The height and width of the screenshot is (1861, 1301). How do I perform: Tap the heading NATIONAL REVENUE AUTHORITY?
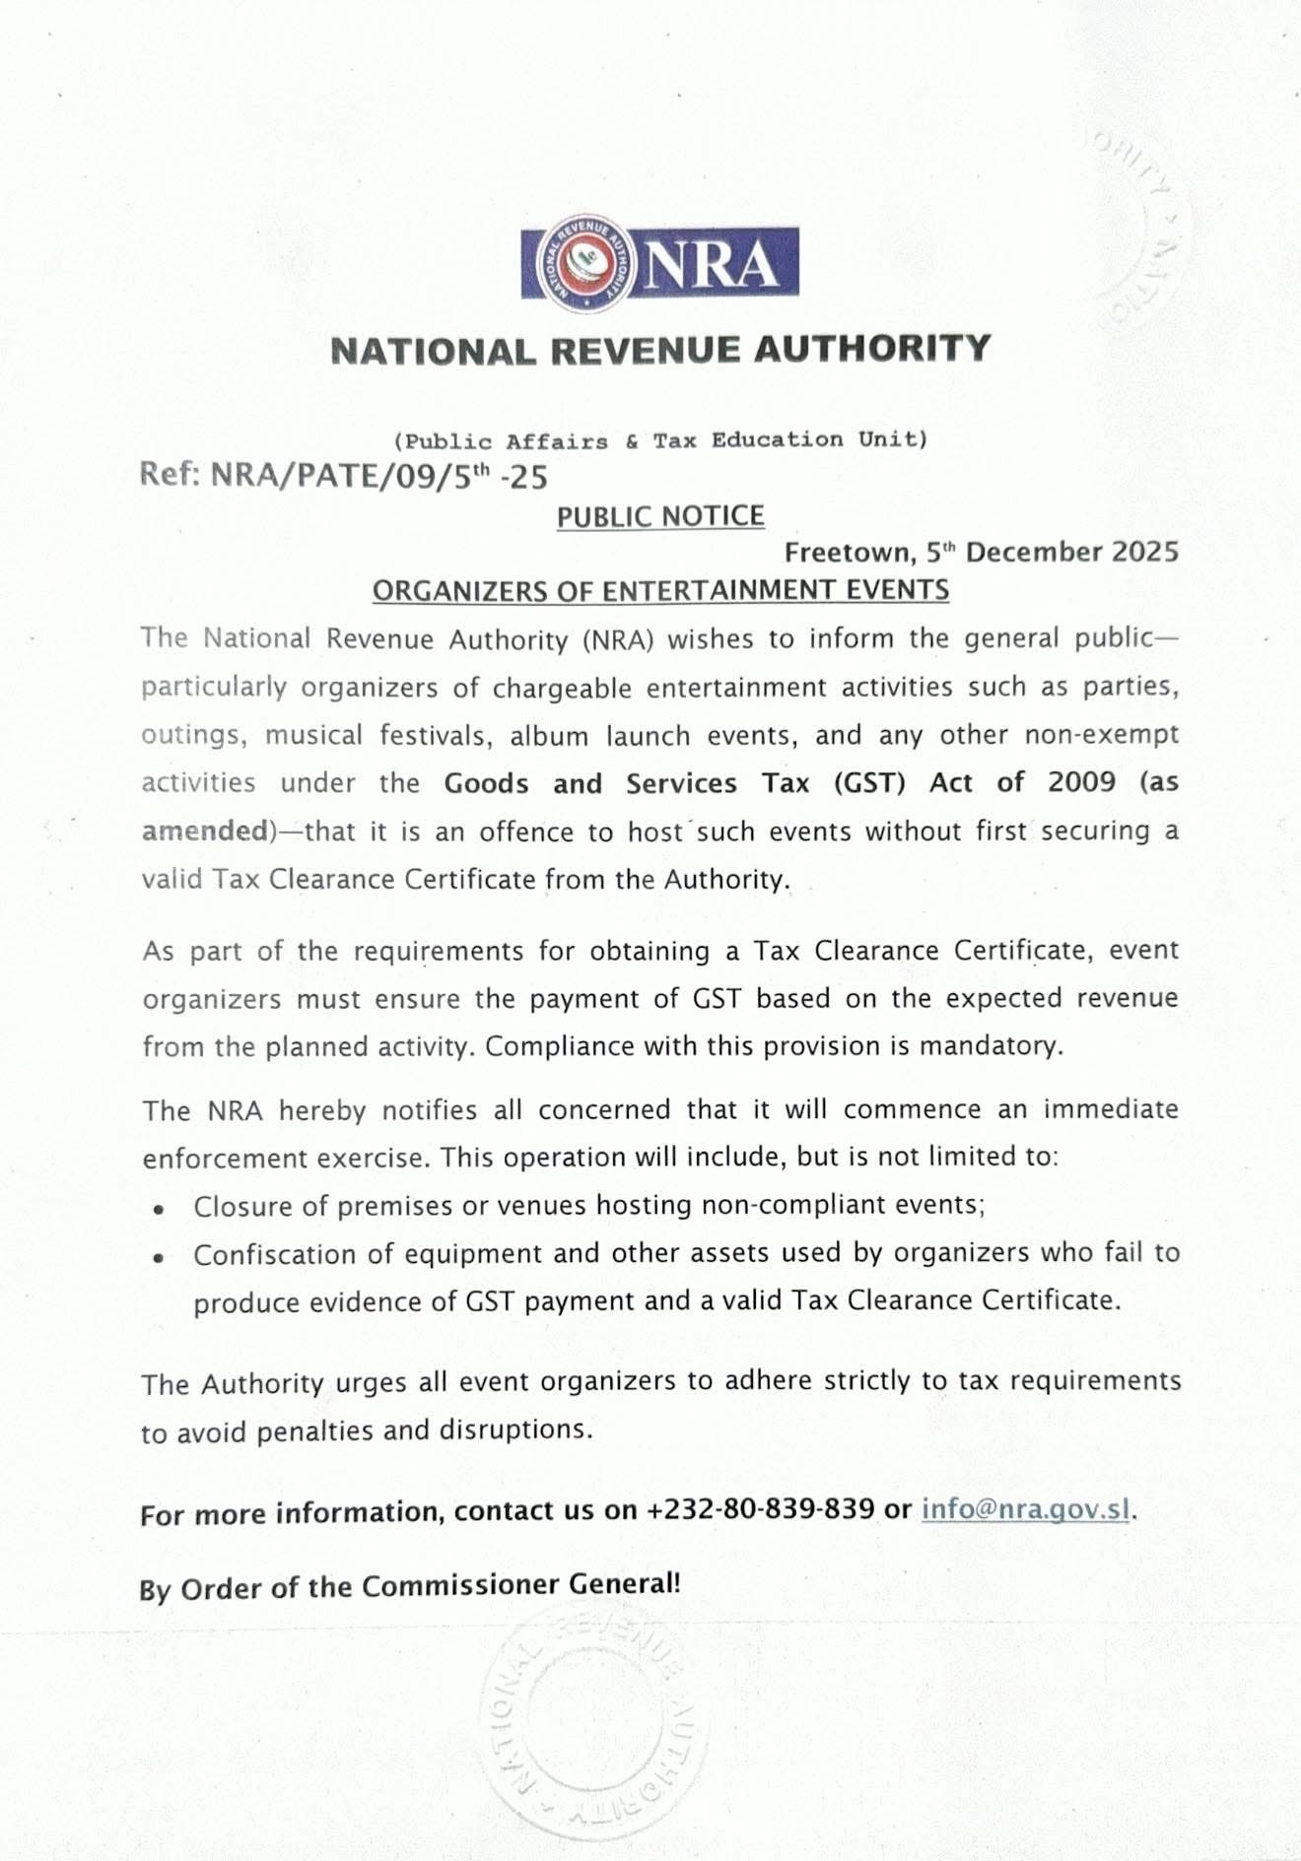660,350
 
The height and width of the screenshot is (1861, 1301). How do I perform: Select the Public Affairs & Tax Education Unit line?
660,440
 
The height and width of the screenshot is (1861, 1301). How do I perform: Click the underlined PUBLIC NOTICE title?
660,516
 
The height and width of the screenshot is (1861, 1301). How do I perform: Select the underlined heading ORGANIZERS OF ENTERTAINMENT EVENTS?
660,590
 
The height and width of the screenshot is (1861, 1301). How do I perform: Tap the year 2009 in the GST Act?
1081,782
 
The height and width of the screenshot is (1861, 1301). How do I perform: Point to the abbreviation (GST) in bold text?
868,783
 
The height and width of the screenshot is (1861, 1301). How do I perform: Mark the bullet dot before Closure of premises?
158,1208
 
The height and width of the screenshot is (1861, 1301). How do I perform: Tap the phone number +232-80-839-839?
760,1509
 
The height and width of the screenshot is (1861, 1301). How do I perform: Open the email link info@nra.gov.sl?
1025,1509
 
